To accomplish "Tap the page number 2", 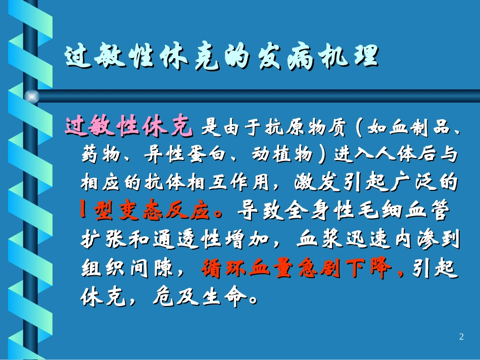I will pos(461,337).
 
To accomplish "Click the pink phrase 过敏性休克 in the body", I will pos(129,127).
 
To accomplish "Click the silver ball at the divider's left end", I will pos(32,96).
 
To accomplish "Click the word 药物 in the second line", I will pos(98,156).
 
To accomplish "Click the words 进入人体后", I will pos(387,156).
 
